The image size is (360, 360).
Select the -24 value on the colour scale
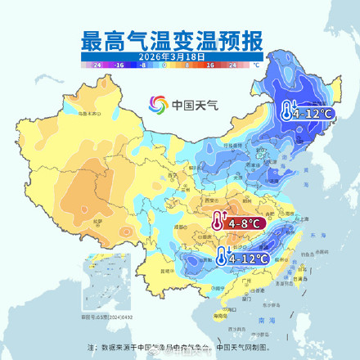pos(97,64)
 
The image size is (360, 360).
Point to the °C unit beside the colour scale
pos(256,64)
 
